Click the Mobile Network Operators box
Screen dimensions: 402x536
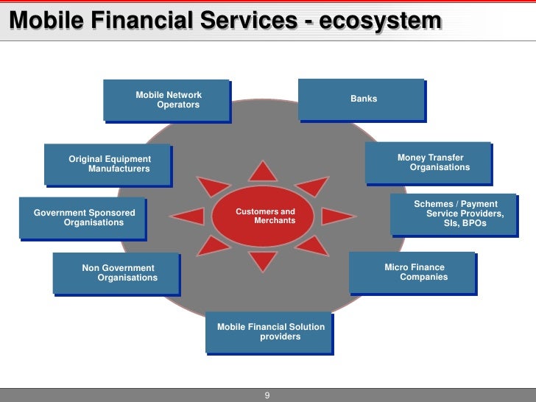point(166,99)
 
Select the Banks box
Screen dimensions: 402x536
point(361,99)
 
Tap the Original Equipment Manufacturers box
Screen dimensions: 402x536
point(107,163)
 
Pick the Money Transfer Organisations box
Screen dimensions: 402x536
point(429,162)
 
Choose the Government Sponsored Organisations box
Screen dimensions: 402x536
point(82,217)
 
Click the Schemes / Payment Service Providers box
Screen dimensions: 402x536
point(454,214)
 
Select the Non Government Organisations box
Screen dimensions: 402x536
point(116,273)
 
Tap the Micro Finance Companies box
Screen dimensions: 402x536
point(412,272)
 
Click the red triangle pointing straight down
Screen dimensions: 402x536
point(262,261)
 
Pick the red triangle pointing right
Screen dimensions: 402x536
point(338,216)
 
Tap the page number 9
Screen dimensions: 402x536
point(267,395)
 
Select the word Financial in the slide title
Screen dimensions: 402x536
point(135,22)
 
